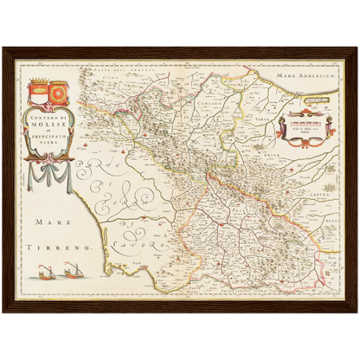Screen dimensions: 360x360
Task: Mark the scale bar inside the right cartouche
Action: [x=304, y=123]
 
